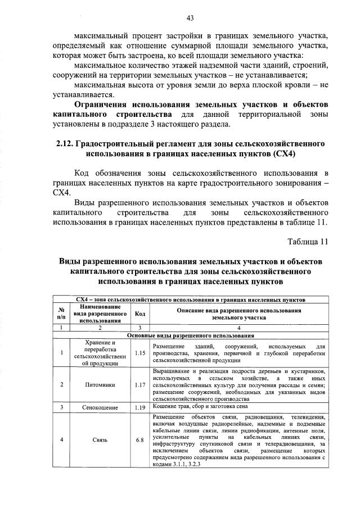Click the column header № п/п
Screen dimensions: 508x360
coord(61,314)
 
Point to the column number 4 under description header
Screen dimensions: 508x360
coord(238,327)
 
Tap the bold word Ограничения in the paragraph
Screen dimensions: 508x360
coord(101,105)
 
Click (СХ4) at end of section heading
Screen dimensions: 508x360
coord(284,153)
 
